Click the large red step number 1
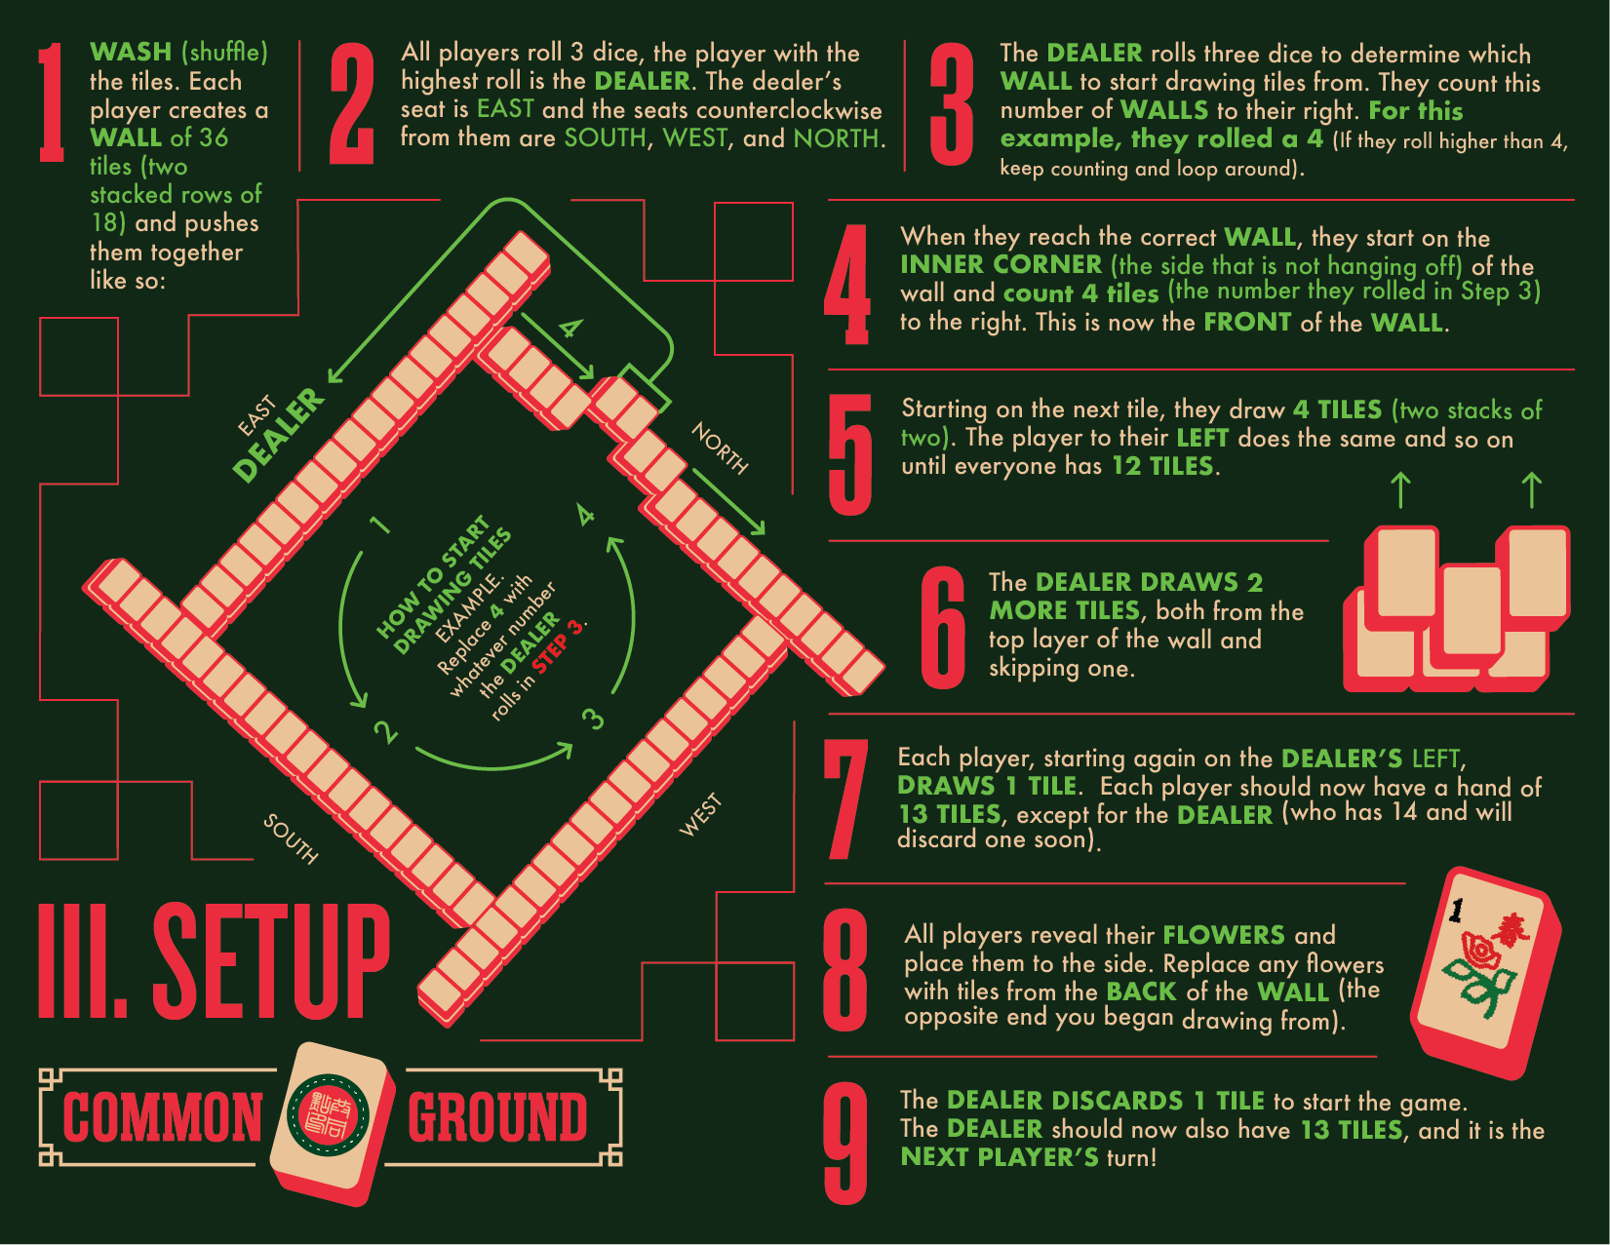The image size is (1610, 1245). tap(52, 102)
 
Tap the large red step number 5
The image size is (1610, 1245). tap(849, 453)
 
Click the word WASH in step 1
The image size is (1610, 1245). tap(131, 52)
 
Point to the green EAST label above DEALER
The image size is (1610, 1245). tap(256, 416)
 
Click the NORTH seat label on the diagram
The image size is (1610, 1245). tap(720, 447)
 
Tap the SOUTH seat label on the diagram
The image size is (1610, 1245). tap(291, 838)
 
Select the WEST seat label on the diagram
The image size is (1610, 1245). tap(700, 815)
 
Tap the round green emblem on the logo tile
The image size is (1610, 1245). tap(329, 1114)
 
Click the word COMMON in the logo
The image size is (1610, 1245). tap(162, 1117)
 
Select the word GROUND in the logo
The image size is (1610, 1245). tap(498, 1117)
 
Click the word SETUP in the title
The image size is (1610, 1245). tap(271, 960)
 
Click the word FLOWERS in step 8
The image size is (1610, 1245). tap(1223, 935)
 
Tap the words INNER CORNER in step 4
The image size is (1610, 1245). tap(1001, 264)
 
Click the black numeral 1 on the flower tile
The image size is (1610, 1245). tap(1456, 911)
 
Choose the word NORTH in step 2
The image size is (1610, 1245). tap(836, 137)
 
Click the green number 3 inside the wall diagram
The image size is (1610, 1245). tap(593, 719)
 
